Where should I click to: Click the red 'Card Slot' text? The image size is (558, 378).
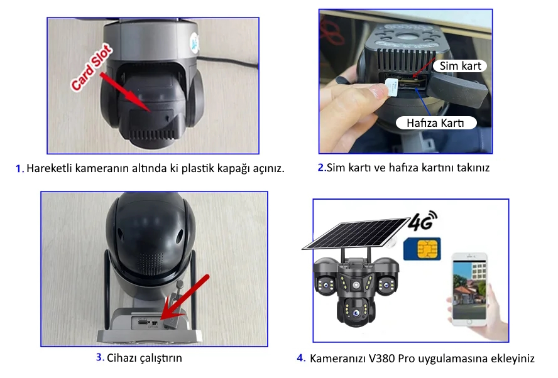[92, 68]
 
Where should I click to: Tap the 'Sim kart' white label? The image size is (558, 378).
[460, 66]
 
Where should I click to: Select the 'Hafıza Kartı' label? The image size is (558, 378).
[436, 122]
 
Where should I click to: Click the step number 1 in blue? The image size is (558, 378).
[20, 168]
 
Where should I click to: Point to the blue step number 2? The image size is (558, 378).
[321, 168]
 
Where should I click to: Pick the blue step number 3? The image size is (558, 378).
[100, 357]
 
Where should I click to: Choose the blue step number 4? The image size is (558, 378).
[301, 358]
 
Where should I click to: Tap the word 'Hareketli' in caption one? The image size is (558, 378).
[49, 168]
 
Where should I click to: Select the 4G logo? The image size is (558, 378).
[422, 220]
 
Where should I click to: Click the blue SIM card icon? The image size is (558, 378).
[422, 249]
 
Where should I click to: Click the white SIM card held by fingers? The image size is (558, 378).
[391, 87]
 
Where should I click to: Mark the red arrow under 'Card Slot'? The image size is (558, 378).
[125, 92]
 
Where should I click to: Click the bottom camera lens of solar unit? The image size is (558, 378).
[356, 313]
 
